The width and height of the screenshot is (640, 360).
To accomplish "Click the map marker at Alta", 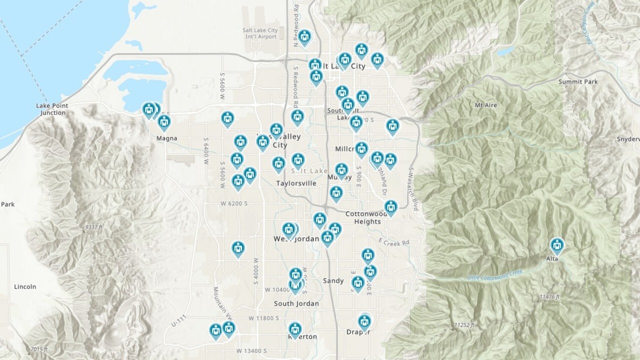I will pos(557,246).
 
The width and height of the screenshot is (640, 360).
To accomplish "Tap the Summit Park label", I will pos(578,81).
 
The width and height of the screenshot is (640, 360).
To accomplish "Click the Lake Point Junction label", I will pos(52,109).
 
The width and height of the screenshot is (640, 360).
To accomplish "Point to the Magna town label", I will pos(166,138).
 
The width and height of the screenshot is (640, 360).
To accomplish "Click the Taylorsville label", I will pos(296,183).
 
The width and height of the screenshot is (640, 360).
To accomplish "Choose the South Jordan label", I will pos(296,303).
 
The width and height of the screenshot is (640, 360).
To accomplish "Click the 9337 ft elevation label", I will pos(94,227).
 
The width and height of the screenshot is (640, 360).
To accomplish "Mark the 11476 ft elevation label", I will pos(550,297).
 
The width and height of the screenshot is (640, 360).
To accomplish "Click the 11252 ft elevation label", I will pos(464,325).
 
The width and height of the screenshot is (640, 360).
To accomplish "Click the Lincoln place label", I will pos(25,287).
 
